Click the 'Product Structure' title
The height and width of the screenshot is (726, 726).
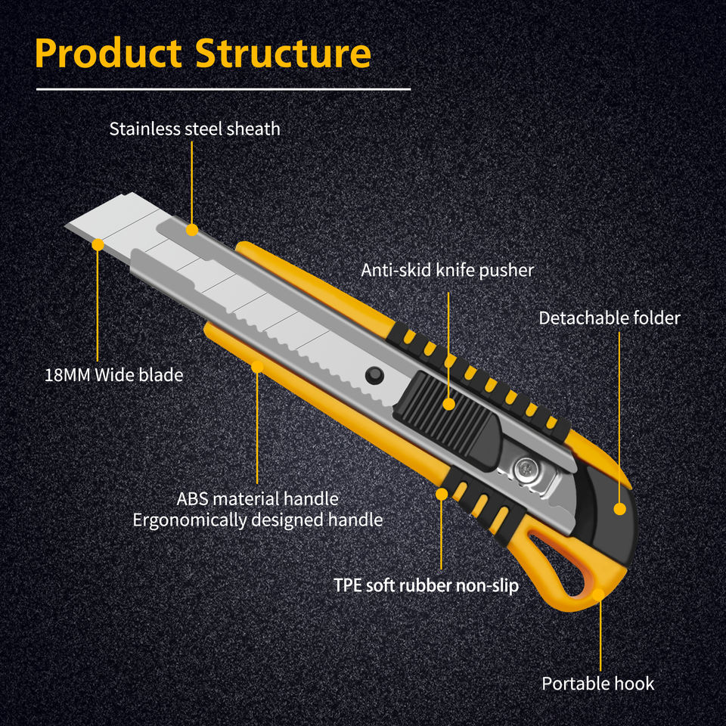click(x=203, y=53)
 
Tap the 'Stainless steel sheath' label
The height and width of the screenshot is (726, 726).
click(x=195, y=129)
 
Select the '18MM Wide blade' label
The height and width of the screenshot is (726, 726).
click(x=114, y=375)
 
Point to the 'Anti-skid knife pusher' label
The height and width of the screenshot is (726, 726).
click(x=447, y=270)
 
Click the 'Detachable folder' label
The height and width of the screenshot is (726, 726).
click(x=610, y=318)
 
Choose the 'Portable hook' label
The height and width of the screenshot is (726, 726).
click(x=598, y=684)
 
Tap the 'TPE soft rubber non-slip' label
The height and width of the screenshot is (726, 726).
click(x=426, y=585)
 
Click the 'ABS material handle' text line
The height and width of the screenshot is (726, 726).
click(x=257, y=498)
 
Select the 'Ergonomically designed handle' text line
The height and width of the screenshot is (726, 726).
click(x=258, y=520)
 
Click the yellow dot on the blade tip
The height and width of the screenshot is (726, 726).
click(x=98, y=244)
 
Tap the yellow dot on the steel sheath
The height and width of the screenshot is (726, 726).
click(x=191, y=230)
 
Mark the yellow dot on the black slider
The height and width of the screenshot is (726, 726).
click(x=448, y=404)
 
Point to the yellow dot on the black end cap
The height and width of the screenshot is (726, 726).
click(x=619, y=509)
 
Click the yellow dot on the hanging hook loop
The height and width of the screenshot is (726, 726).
click(x=598, y=594)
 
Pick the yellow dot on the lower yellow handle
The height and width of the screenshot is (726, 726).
click(x=257, y=367)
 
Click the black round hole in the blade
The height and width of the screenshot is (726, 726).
click(x=374, y=375)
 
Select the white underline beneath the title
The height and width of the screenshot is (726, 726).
click(x=223, y=89)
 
